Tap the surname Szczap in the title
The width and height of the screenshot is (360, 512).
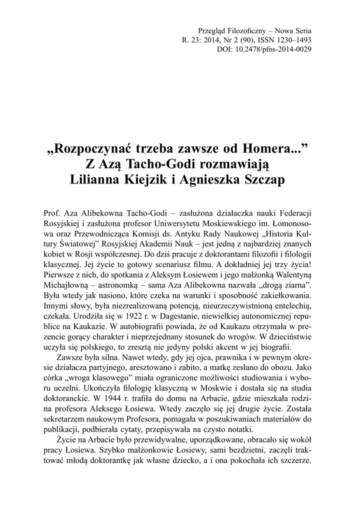(264, 179)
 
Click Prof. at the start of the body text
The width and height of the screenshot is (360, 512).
(52, 213)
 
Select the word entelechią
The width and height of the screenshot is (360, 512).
(292, 307)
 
